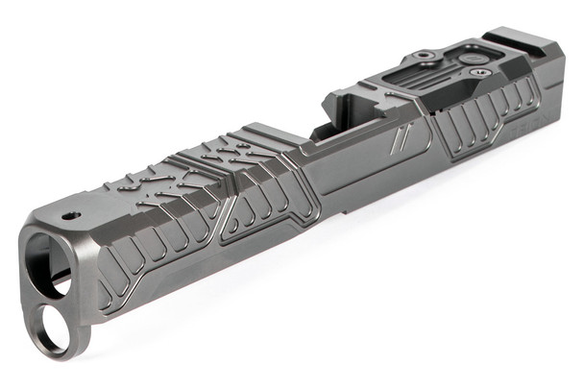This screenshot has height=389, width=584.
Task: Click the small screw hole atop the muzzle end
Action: coord(67,216)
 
